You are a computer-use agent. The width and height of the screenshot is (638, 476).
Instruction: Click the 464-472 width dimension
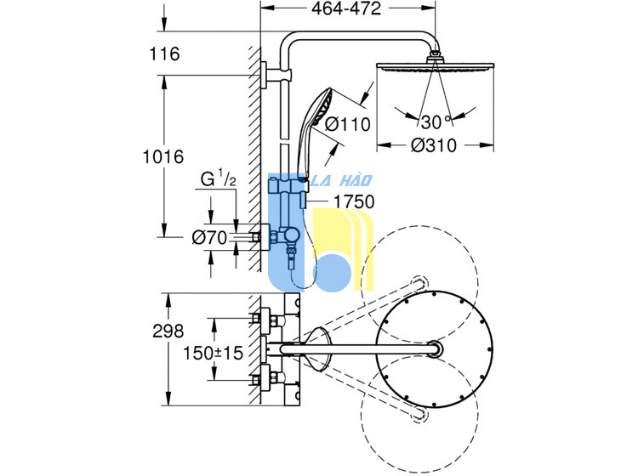tap(346, 8)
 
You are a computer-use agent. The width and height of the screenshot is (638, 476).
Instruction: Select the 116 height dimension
tap(164, 54)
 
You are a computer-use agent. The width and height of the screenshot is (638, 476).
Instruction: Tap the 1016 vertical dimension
tap(163, 156)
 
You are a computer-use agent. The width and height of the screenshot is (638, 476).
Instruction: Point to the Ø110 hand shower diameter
tap(347, 124)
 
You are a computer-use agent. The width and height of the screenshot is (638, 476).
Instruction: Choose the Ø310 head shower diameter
tap(434, 145)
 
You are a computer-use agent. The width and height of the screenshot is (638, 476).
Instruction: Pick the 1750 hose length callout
tap(354, 201)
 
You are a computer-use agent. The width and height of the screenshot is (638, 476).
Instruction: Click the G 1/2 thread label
tap(219, 178)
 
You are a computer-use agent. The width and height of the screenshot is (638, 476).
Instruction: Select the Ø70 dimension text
tap(209, 238)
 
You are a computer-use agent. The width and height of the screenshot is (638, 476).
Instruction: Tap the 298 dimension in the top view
tap(168, 331)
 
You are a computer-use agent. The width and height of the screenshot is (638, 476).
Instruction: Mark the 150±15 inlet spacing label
tap(213, 353)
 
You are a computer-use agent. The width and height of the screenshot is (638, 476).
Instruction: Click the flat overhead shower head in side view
tap(436, 66)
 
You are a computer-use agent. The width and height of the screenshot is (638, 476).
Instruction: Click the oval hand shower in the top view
tap(319, 349)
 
